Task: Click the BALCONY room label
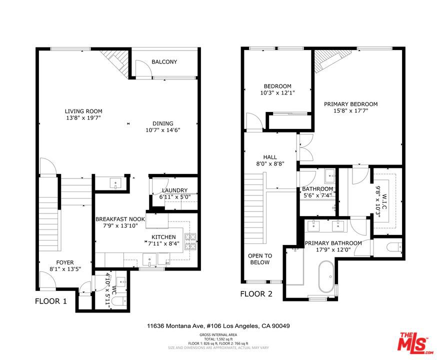pos(164,62)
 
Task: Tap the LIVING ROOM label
pos(83,111)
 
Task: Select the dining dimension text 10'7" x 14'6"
pos(163,130)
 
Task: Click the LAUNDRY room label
pos(174,190)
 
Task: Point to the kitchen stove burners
pos(190,241)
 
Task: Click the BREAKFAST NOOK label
pos(120,219)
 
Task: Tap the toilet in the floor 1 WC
pos(121,301)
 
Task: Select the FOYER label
pos(65,262)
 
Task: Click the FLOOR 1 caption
pos(51,301)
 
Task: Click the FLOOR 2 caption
pos(256,293)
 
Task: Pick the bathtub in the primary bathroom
pos(326,276)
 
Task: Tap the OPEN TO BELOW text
pos(259,259)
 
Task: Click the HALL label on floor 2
pos(270,157)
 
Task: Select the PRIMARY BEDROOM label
pos(350,104)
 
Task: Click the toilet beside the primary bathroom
pos(394,247)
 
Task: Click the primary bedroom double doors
pos(306,147)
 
